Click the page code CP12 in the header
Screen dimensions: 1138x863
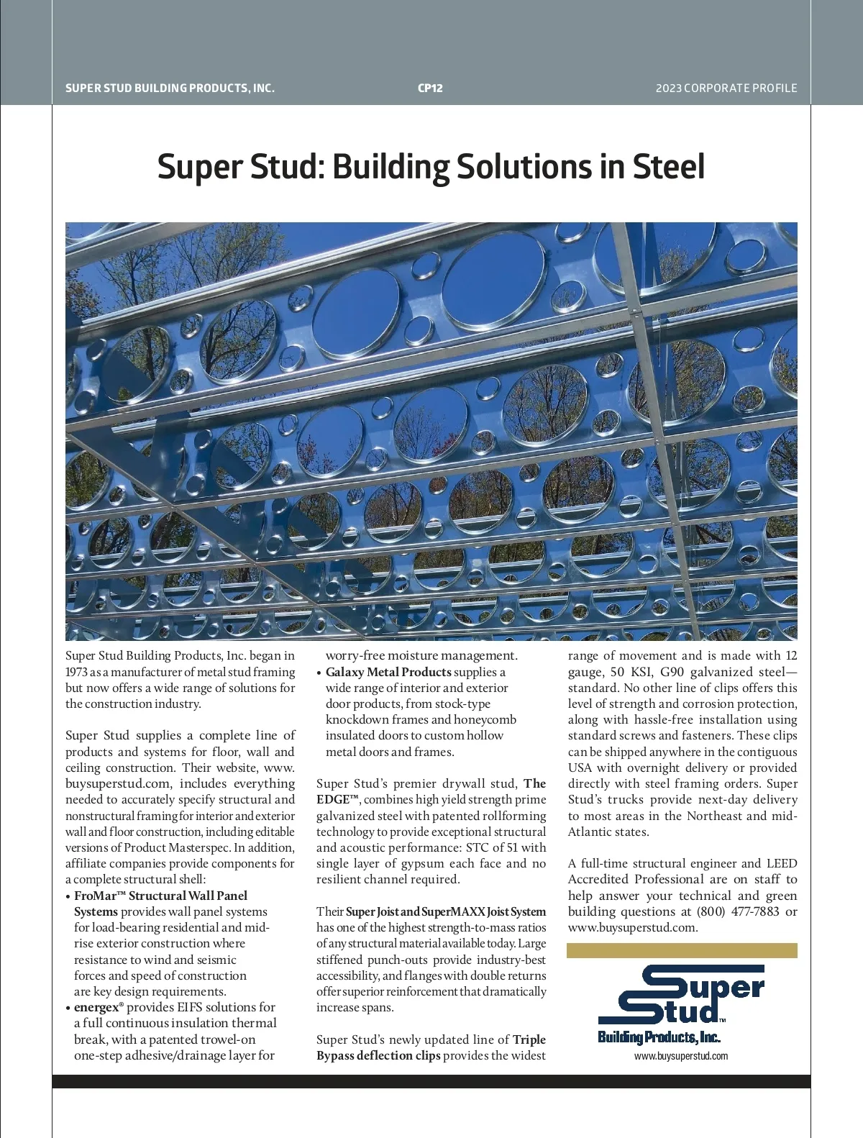coord(430,88)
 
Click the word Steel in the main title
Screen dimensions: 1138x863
coord(668,167)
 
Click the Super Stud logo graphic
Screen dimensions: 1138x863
coord(680,996)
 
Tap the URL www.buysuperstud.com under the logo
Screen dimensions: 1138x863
coord(680,1056)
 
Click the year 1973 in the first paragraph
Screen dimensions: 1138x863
coord(77,672)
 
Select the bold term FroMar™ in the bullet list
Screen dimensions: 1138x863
coord(99,896)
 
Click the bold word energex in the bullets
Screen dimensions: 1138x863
coord(96,1007)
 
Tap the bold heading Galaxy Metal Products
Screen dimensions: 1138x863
coord(388,672)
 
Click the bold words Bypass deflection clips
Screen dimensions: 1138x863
coord(378,1055)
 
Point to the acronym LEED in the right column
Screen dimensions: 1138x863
coord(782,863)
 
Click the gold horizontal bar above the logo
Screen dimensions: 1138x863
coord(682,951)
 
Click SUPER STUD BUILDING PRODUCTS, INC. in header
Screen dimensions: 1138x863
coord(170,88)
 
